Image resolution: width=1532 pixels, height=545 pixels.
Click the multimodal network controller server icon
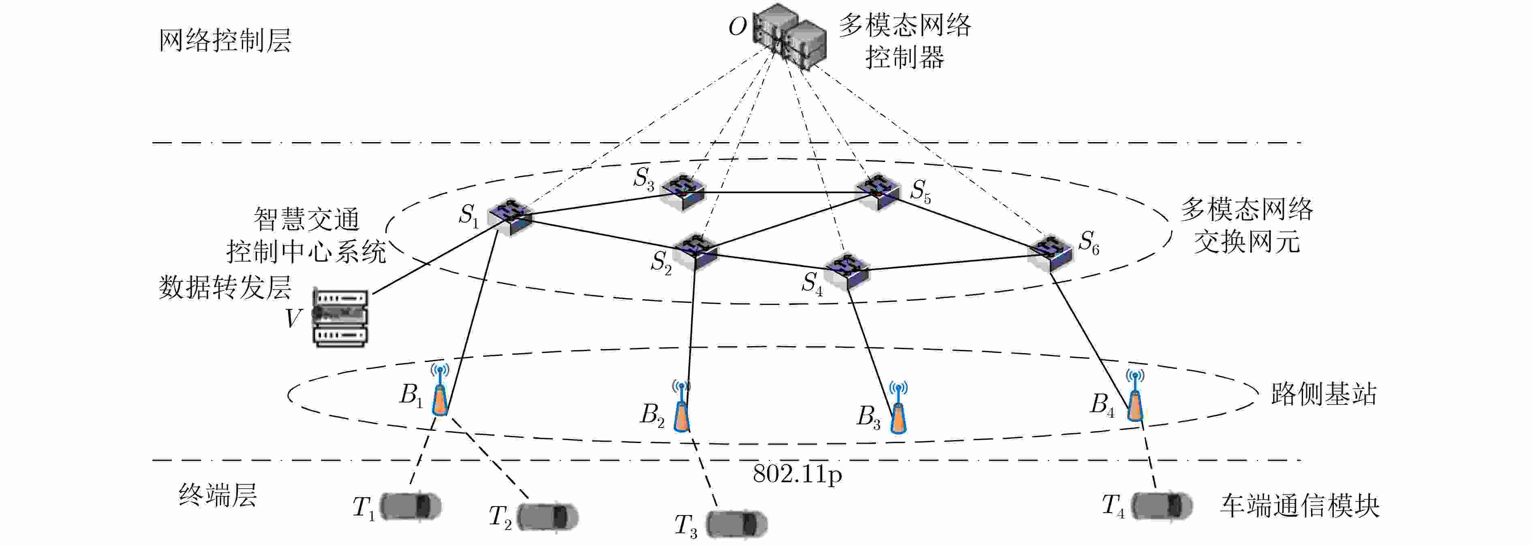[x=789, y=37]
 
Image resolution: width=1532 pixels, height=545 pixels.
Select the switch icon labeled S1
[x=510, y=217]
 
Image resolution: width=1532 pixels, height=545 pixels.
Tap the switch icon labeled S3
[x=685, y=192]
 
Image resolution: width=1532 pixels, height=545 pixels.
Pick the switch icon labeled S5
[x=878, y=192]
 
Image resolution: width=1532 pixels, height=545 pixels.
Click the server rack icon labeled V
[x=340, y=318]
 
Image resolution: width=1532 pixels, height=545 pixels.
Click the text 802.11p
[x=797, y=474]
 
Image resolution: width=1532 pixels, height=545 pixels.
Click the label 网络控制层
[x=225, y=40]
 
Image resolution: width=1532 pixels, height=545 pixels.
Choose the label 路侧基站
[x=1324, y=394]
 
